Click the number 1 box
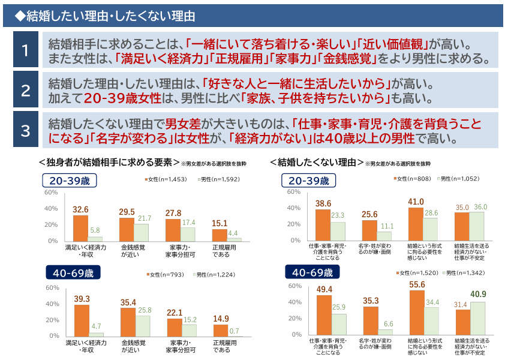pos(25,49)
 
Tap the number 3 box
pos(25,130)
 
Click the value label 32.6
pos(81,209)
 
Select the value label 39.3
pos(82,299)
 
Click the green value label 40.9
pos(478,295)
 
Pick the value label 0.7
pos(235,331)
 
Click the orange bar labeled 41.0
pos(416,224)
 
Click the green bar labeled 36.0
pos(477,226)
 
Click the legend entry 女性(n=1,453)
pos(163,179)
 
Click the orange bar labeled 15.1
pos(220,235)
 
